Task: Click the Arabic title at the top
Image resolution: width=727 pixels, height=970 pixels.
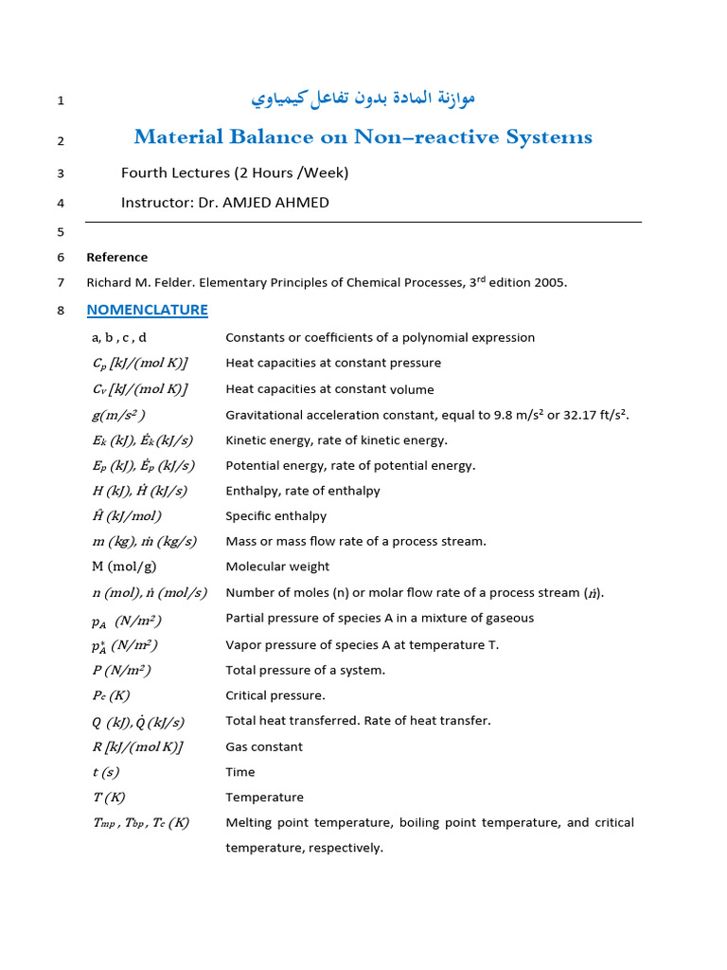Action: click(363, 98)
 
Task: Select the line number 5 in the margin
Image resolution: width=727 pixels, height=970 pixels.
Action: click(61, 232)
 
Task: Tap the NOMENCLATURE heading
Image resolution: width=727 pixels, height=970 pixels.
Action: click(147, 310)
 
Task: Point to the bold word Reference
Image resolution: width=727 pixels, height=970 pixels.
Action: click(116, 257)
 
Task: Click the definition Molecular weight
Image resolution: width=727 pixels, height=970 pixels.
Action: click(277, 566)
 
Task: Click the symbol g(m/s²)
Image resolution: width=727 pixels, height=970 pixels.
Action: click(118, 415)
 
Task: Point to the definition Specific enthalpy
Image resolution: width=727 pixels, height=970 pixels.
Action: click(275, 516)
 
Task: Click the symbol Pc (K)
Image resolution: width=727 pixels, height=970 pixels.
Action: click(111, 695)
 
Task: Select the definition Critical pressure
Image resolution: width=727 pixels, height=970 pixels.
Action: click(275, 695)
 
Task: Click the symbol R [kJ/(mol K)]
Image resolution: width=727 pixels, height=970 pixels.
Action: click(136, 746)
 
